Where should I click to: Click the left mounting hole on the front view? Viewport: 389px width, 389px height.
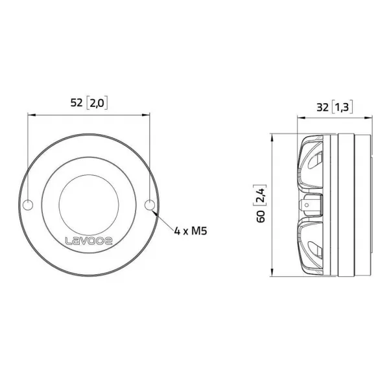coord(28,206)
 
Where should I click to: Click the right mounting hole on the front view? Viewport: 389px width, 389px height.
coord(149,206)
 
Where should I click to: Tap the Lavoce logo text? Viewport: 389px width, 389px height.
coord(89,241)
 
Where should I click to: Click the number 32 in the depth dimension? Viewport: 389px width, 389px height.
coord(322,108)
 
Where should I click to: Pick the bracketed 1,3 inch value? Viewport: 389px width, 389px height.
coord(343,108)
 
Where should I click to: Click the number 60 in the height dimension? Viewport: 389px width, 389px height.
coord(261,217)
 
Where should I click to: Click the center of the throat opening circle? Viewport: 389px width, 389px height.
coord(89,206)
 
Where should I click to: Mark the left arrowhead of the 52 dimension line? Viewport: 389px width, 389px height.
coord(30,115)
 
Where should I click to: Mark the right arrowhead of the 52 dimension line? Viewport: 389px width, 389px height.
coord(148,115)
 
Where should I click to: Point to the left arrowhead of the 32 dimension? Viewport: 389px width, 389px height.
coord(300,119)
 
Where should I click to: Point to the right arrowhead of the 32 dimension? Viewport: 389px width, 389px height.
coord(370,119)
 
